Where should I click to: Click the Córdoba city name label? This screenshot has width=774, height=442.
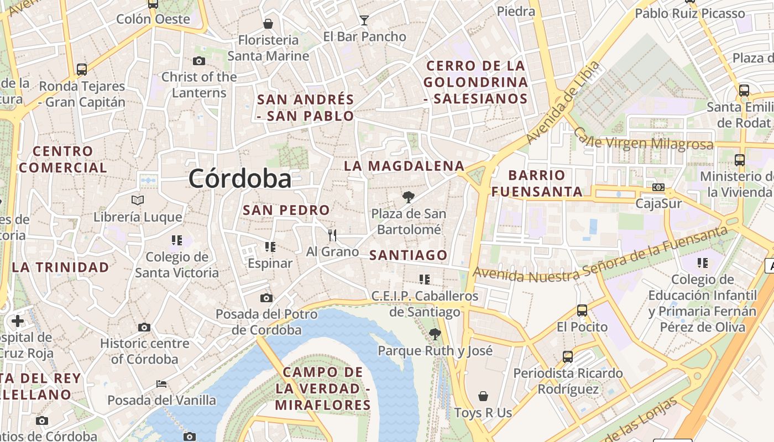coord(239,178)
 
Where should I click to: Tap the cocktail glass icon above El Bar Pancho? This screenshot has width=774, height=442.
coord(364,20)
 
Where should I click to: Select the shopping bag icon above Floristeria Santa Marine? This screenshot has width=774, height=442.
coord(268,24)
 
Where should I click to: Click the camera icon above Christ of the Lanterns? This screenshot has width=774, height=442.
coord(198,61)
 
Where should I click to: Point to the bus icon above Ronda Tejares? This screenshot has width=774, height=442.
coord(82,70)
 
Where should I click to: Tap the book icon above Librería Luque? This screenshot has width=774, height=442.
coord(138,200)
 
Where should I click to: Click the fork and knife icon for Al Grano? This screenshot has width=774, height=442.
coord(332,235)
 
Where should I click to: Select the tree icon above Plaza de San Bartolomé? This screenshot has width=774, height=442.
coord(408,197)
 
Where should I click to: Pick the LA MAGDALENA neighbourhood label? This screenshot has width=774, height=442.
coord(404,166)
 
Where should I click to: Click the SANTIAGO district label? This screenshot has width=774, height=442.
coord(408,255)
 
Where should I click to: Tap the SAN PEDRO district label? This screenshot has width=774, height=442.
coord(286,211)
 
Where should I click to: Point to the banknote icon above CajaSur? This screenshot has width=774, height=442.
coord(658,187)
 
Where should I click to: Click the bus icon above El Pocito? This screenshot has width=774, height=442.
coord(582,311)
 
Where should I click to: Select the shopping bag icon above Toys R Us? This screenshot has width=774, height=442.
coord(483,396)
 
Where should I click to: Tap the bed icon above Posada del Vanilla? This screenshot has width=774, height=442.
coord(161,383)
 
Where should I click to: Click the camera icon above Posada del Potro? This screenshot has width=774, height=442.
coord(266,298)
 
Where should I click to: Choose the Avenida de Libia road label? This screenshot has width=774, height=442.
coord(563,102)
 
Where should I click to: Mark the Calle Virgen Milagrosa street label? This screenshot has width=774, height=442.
coord(644,139)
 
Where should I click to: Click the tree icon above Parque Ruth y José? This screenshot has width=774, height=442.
coord(435,334)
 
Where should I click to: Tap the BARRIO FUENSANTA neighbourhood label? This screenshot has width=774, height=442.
coord(537,183)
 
